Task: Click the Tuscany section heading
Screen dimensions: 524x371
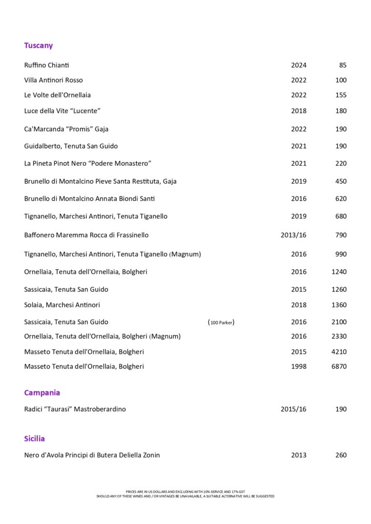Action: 38,46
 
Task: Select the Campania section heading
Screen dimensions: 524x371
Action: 42,392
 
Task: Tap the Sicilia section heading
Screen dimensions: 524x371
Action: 34,439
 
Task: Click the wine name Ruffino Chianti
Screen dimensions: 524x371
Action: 47,65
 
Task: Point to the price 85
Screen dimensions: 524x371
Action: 343,65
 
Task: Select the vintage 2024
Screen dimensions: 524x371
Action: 299,65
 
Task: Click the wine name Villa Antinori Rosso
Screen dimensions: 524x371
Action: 53,80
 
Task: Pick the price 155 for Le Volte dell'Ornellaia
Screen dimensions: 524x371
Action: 341,95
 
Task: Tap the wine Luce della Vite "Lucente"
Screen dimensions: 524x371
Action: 62,111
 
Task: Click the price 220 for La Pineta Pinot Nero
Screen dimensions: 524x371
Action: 341,163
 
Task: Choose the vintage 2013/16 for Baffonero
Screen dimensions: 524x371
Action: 294,235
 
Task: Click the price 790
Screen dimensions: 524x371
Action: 341,235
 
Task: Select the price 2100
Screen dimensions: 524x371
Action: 339,322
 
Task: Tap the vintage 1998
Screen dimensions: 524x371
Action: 299,366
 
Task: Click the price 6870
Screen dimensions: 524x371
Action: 339,366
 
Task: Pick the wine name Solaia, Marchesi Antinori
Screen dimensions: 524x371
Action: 62,305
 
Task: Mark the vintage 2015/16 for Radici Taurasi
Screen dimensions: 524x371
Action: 294,409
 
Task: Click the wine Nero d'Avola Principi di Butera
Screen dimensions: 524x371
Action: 92,455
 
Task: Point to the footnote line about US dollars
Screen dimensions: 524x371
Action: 186,491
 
